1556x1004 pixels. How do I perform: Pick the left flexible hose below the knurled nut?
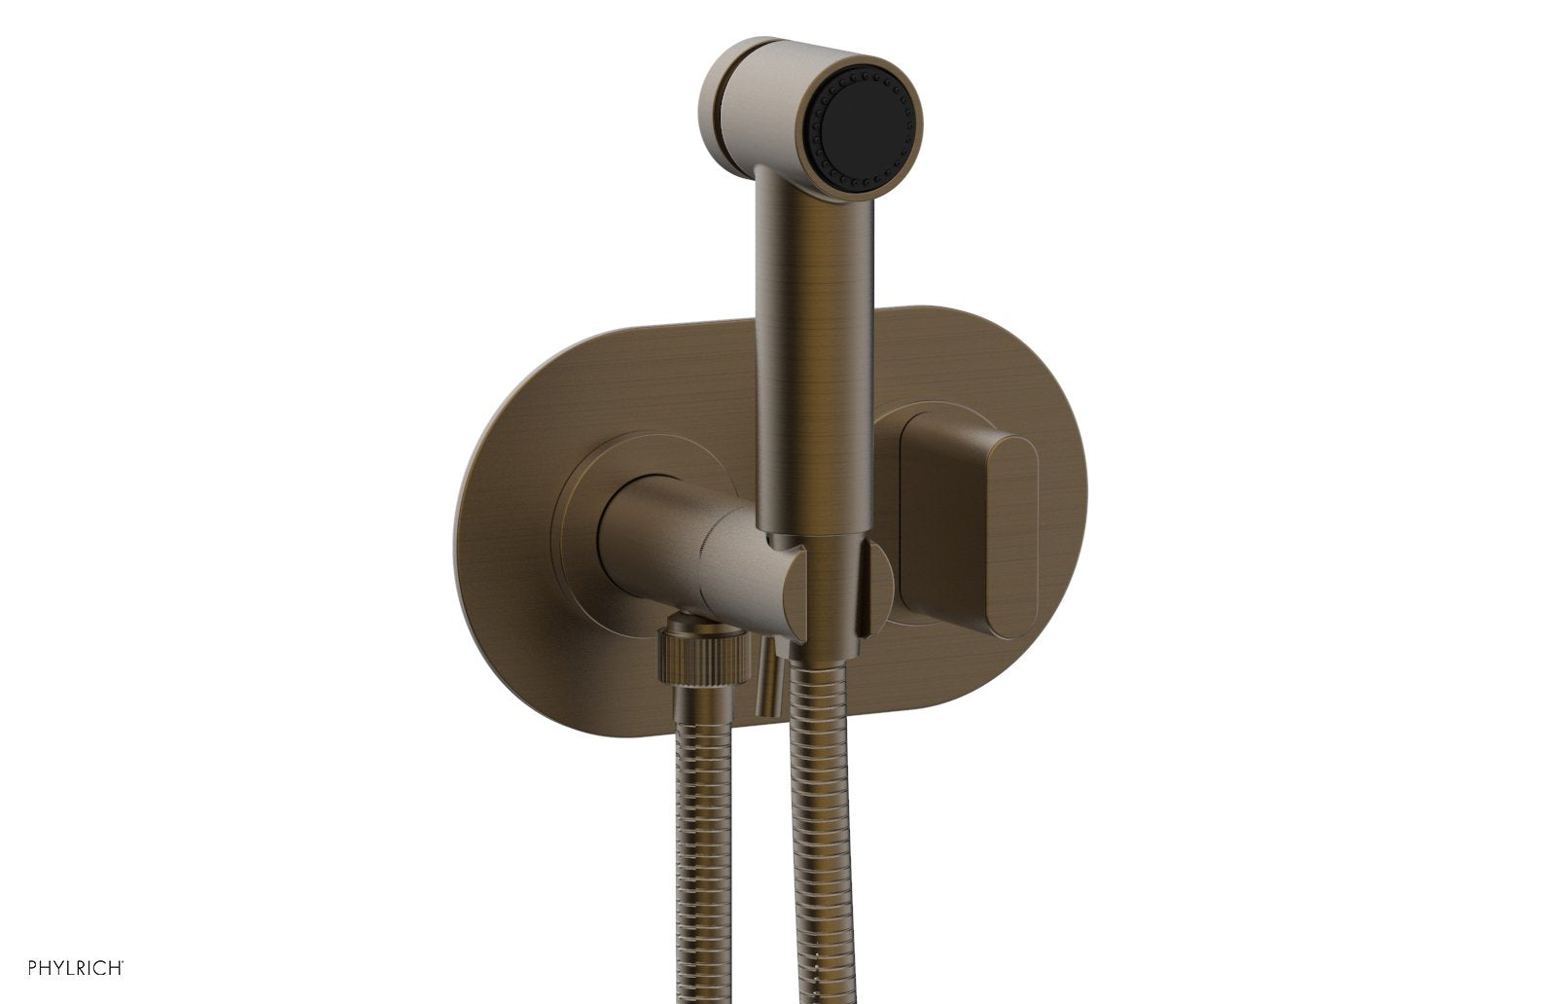(700, 827)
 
